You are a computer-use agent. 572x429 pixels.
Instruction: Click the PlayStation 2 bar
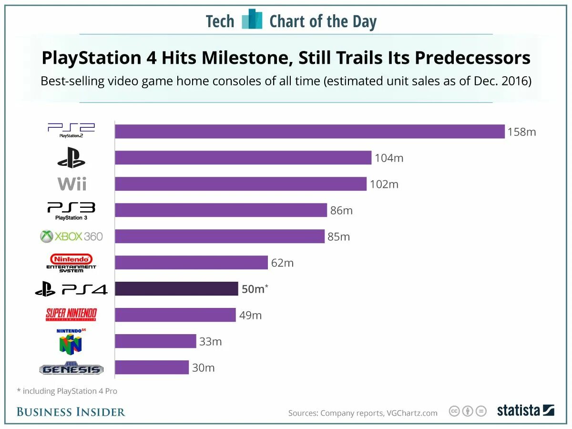point(310,132)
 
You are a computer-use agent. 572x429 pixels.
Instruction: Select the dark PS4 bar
point(176,289)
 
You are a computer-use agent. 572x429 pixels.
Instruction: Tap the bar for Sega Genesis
point(152,368)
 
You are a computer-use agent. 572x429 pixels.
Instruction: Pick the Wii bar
point(241,184)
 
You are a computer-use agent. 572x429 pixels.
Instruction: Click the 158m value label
point(521,132)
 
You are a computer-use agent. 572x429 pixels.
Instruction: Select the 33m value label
point(210,342)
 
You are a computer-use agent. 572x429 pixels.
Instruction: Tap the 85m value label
point(338,236)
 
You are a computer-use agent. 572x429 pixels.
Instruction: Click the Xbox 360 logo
point(71,236)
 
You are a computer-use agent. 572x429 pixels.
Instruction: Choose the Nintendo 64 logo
point(71,341)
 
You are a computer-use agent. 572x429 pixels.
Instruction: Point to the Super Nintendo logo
point(71,315)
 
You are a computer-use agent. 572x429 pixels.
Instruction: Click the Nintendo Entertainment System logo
point(71,263)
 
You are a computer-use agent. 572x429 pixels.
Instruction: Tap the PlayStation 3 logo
point(71,210)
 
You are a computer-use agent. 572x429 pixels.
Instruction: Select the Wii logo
point(72,184)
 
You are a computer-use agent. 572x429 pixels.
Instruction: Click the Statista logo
point(525,410)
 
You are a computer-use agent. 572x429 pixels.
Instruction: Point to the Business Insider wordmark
point(71,412)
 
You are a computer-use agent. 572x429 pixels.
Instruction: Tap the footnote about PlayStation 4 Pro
point(67,391)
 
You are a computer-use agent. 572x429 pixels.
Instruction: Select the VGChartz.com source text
point(411,413)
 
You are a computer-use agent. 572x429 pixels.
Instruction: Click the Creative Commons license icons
point(468,411)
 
